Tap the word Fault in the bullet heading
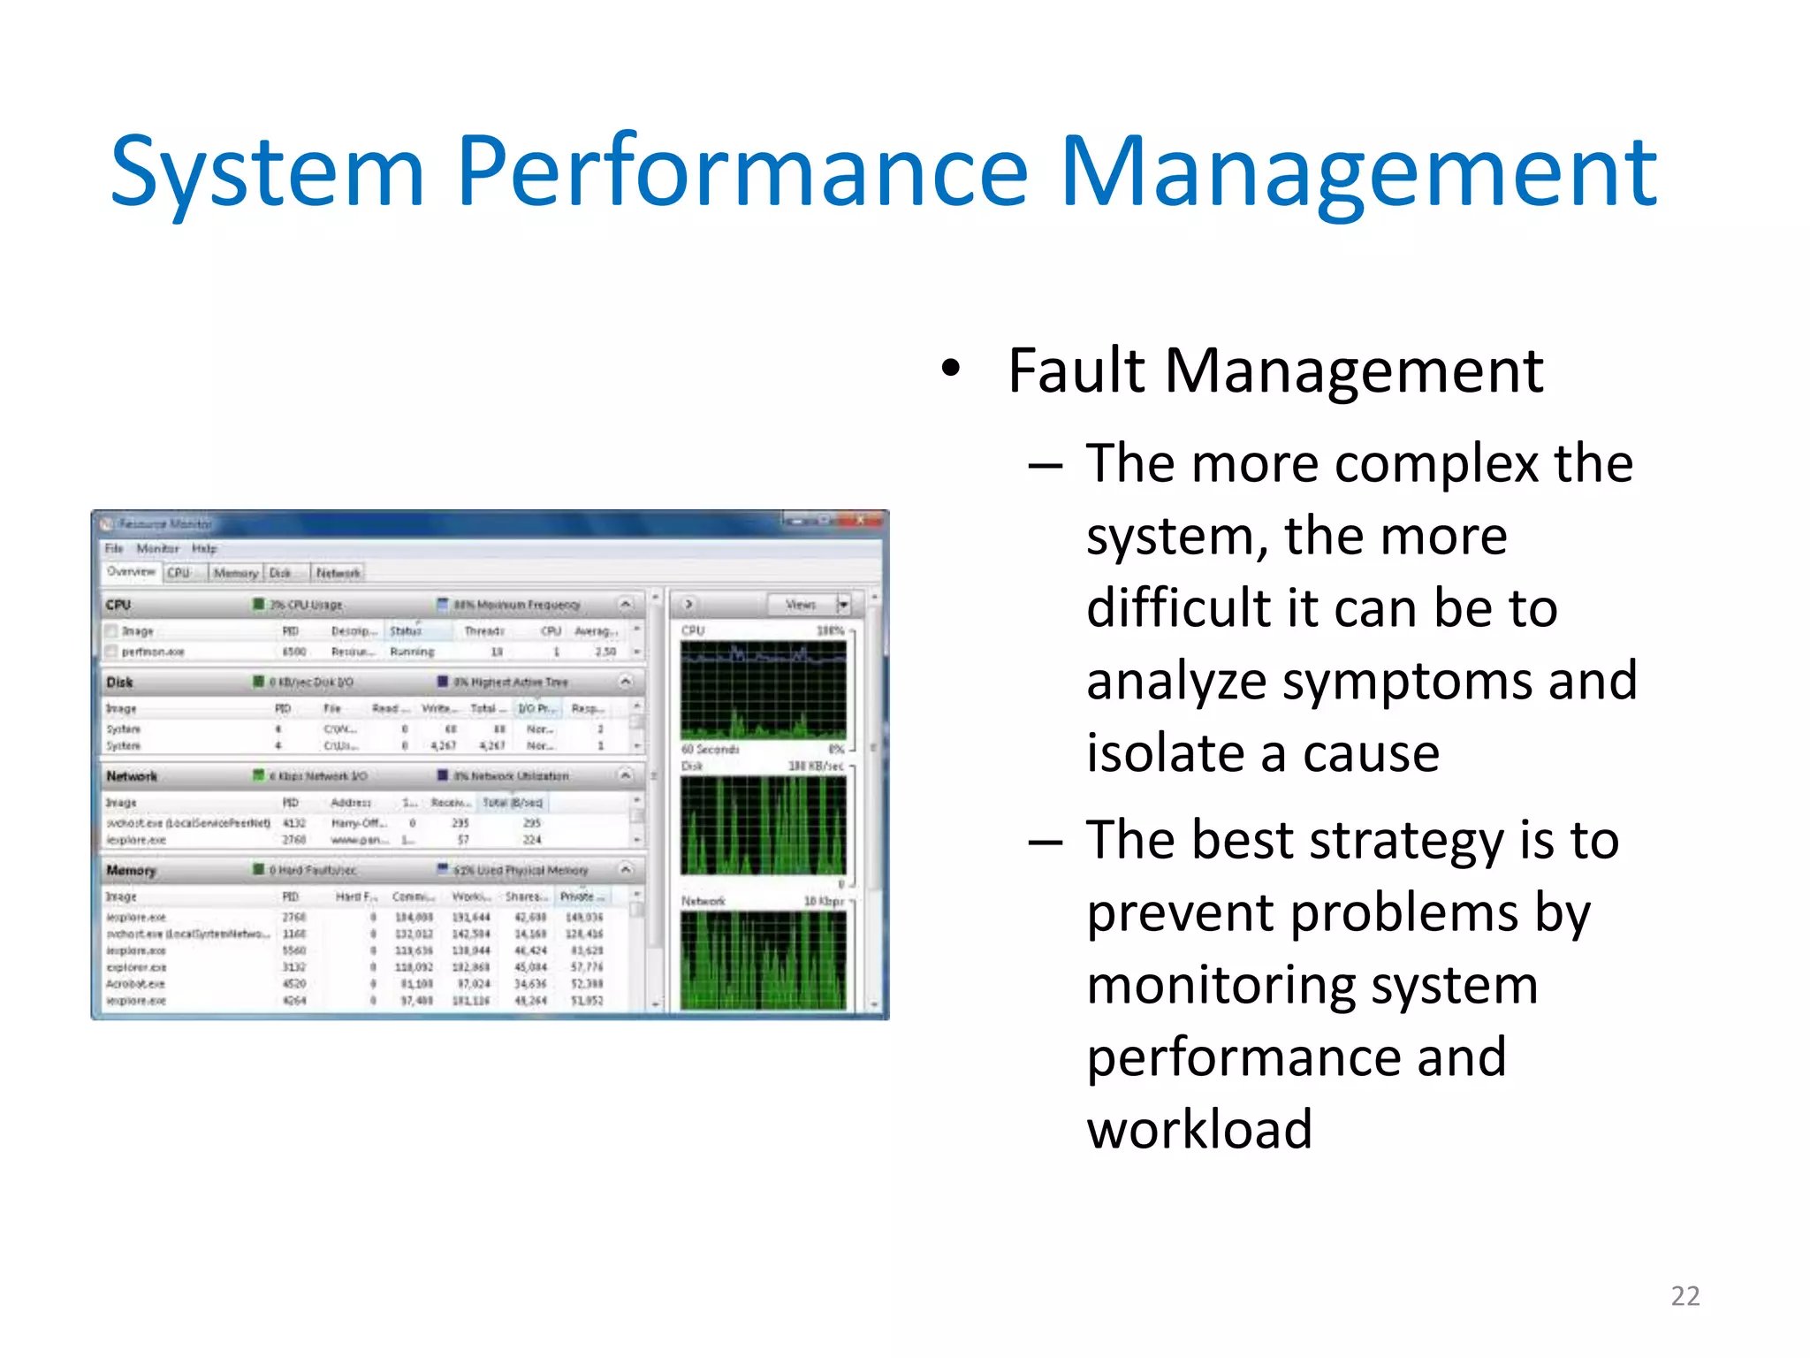(x=1076, y=371)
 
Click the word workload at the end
(x=1199, y=1130)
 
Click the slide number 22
(x=1685, y=1296)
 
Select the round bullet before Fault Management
(x=950, y=370)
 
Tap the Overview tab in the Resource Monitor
(x=131, y=572)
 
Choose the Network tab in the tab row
(x=338, y=573)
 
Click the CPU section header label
(x=118, y=605)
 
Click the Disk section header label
(x=119, y=682)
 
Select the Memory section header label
(x=131, y=870)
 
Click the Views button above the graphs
(x=801, y=605)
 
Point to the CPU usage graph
(x=763, y=690)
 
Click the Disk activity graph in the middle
(x=763, y=826)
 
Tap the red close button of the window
(x=860, y=522)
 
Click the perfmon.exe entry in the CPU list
(x=153, y=652)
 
